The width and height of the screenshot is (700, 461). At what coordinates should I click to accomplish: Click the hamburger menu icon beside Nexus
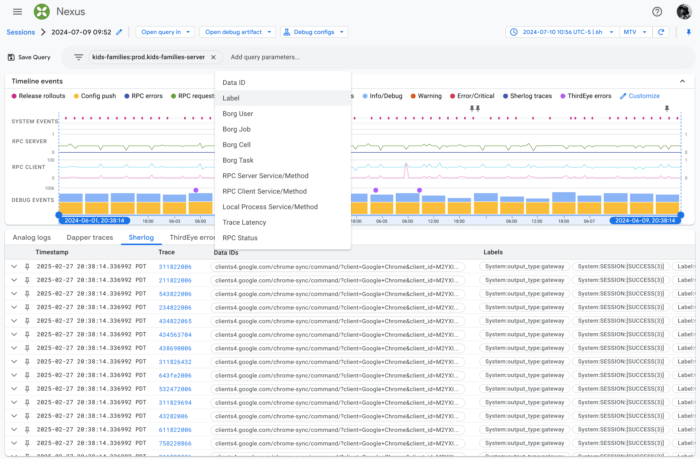click(17, 12)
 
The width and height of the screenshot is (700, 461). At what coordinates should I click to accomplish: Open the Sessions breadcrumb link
click(21, 32)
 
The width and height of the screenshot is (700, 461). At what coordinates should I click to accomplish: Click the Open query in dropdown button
click(165, 32)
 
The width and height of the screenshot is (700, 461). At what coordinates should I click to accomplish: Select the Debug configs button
click(314, 32)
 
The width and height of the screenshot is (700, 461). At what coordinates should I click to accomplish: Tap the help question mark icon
click(657, 12)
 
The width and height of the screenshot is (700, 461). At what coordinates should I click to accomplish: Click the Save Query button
click(29, 57)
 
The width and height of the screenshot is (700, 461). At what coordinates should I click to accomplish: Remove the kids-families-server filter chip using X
click(213, 57)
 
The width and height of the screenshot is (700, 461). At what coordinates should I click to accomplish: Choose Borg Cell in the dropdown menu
click(236, 145)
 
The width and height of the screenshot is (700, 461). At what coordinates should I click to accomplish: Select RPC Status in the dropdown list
click(240, 238)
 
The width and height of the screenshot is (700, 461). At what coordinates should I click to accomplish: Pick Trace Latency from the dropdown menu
click(244, 222)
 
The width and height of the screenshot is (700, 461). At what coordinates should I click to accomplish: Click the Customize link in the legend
click(640, 96)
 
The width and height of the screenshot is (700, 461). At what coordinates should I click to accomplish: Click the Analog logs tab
click(32, 237)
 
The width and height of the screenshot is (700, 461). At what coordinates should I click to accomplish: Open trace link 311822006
click(175, 267)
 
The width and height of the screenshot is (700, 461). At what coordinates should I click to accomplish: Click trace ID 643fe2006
click(175, 375)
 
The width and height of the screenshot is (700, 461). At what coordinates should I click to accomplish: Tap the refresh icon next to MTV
click(661, 32)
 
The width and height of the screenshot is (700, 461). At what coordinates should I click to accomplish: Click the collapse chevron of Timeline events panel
click(682, 81)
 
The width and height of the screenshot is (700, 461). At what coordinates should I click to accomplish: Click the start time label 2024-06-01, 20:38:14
click(94, 221)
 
